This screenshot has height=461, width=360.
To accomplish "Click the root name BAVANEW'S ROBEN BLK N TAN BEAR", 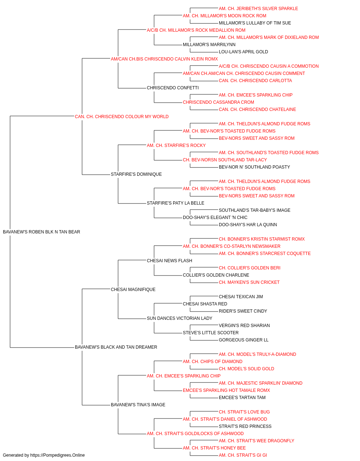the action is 41,232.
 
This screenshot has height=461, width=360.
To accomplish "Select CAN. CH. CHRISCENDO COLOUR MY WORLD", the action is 122,117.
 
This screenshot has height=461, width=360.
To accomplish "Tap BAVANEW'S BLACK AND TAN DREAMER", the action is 116,347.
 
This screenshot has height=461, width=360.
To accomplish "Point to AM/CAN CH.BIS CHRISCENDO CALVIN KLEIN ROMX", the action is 164,59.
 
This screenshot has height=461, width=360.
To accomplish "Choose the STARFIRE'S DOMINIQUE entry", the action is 136,174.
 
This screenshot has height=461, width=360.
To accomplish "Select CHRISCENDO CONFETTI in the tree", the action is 173,88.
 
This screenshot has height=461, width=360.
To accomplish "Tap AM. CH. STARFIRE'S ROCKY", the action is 176,145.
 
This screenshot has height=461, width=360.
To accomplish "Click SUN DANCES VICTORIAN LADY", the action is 180,318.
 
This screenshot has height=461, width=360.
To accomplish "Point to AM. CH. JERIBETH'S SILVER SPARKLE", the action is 258,9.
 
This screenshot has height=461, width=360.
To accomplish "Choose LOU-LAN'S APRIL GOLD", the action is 243,52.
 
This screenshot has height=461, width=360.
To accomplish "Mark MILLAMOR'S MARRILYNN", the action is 209,45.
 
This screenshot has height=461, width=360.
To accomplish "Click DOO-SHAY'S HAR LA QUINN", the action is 248,225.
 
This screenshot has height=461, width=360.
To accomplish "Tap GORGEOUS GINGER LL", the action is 244,340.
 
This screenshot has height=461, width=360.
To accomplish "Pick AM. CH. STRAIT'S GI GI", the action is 243,455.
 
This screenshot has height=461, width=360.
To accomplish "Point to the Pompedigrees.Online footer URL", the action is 58,455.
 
